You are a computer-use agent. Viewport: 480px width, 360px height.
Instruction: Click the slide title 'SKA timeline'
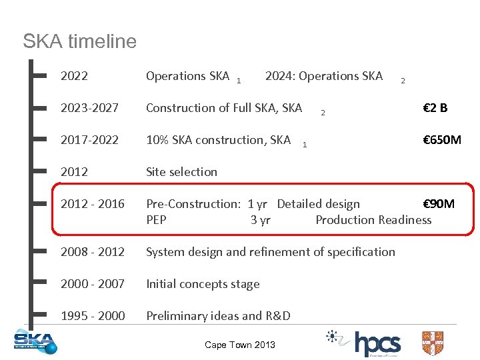(79, 41)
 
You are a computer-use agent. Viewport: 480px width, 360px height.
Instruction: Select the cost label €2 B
(435, 108)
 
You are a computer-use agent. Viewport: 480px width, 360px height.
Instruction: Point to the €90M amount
(439, 204)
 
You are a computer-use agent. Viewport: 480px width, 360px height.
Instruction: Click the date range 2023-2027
(89, 108)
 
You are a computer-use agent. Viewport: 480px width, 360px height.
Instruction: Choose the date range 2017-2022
(89, 140)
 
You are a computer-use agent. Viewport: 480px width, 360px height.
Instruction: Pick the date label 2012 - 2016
(92, 204)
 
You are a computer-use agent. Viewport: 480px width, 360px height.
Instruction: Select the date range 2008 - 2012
(92, 252)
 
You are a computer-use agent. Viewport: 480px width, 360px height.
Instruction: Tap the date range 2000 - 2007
(92, 284)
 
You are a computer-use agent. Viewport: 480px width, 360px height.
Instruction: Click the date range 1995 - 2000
(92, 316)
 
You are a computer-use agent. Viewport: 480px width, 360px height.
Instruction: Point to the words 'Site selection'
(181, 172)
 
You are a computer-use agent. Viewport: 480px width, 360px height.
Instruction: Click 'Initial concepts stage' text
(203, 284)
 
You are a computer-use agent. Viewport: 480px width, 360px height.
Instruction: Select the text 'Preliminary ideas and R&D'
(218, 316)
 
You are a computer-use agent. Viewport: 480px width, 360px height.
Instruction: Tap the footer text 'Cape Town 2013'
(240, 345)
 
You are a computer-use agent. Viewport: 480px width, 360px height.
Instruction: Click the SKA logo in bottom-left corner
(35, 341)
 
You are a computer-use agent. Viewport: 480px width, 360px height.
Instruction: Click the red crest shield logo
(432, 343)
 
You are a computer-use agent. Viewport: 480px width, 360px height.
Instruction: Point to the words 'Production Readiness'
(373, 220)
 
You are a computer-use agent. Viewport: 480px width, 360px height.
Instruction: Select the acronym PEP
(156, 220)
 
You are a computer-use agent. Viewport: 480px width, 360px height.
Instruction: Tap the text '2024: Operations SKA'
(324, 76)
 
